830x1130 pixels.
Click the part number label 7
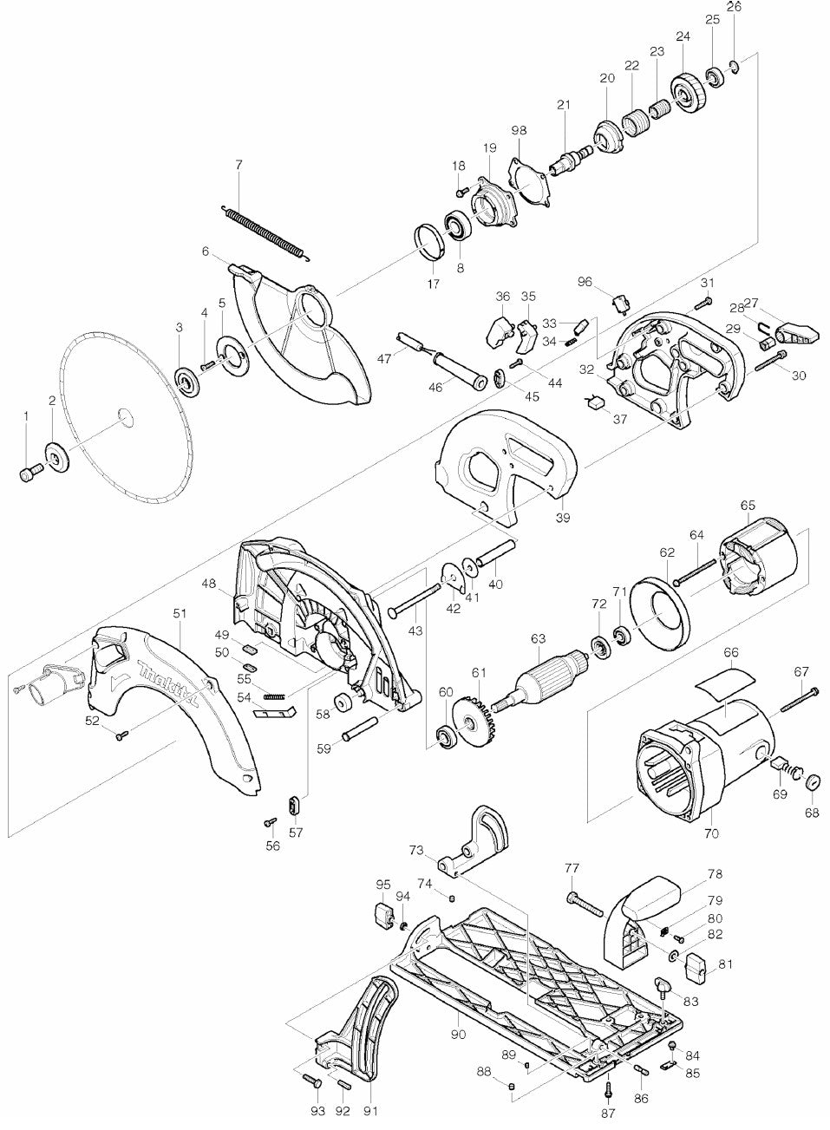[239, 164]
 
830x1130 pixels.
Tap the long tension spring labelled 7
[265, 231]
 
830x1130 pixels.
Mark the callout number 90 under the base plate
[459, 1035]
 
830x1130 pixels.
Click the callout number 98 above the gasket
[519, 130]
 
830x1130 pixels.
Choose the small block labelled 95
[382, 914]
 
